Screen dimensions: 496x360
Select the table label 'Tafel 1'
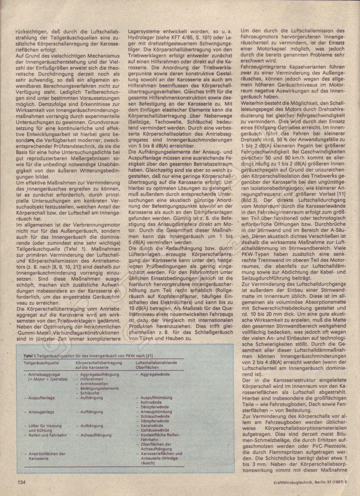[30, 356]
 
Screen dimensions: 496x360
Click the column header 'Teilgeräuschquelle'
[41, 363]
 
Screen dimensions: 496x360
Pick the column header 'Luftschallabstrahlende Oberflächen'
[156, 365]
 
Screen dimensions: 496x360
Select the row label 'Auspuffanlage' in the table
[41, 398]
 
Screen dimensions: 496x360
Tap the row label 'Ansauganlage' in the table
[41, 412]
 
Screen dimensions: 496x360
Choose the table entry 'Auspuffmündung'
[156, 398]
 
